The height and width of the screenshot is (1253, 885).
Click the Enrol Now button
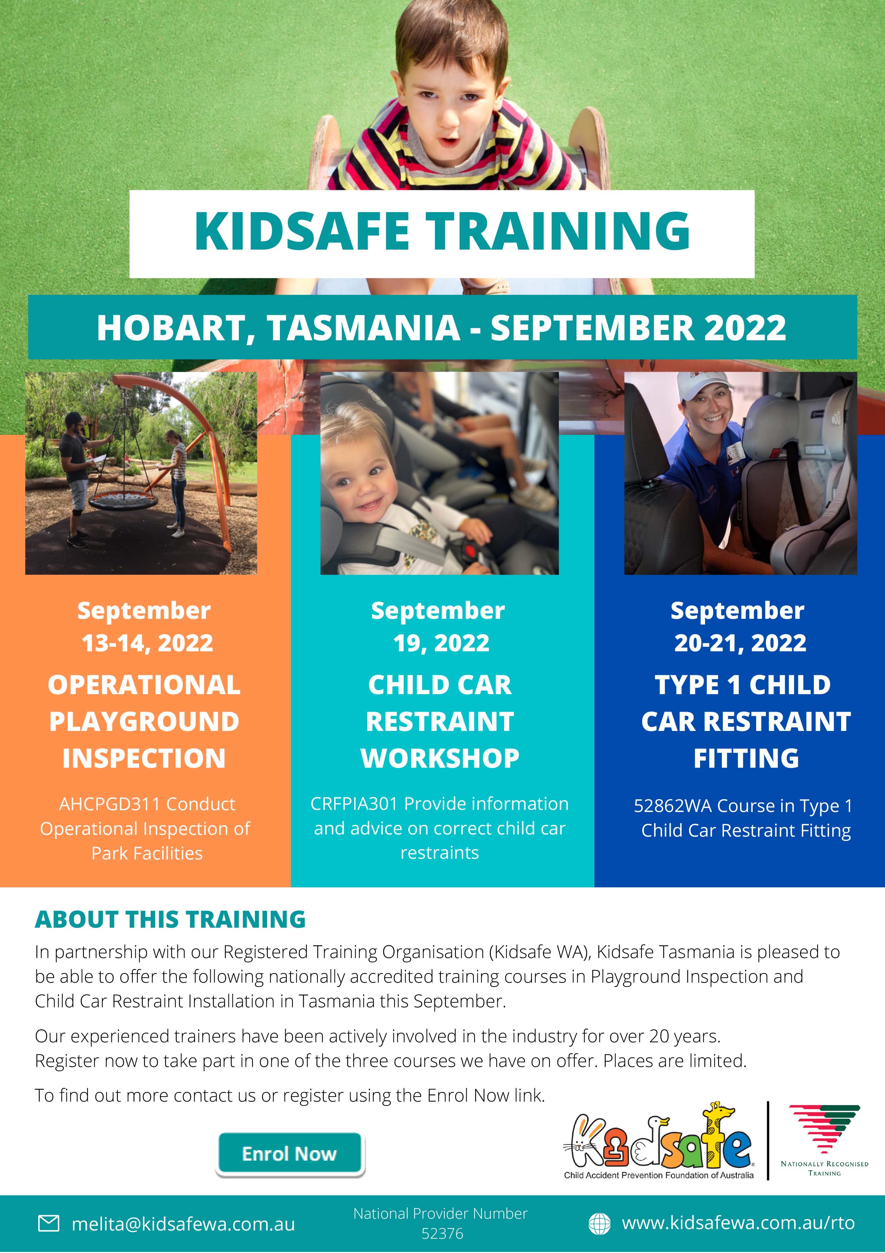(x=290, y=1154)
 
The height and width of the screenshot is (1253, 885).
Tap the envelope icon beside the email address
(x=49, y=1223)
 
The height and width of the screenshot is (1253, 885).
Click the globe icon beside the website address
(x=599, y=1223)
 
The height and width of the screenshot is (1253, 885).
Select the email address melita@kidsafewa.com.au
(x=183, y=1224)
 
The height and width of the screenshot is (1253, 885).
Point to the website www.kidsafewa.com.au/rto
(x=738, y=1223)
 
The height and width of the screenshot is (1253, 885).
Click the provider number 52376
(x=442, y=1233)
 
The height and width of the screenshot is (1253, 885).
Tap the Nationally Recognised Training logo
(x=824, y=1141)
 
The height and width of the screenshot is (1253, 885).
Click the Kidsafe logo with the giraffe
(x=659, y=1141)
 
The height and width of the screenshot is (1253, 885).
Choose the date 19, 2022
(x=441, y=643)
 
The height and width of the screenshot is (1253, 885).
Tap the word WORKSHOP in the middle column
(x=440, y=758)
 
